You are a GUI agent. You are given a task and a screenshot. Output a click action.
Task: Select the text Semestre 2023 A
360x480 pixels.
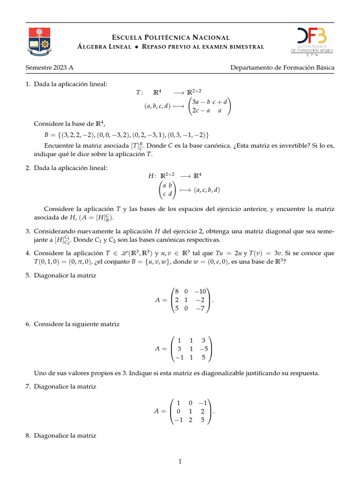tap(49, 67)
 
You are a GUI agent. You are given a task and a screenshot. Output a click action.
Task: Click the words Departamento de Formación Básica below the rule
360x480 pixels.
tap(282, 67)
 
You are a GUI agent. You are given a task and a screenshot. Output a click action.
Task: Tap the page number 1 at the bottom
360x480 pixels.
tap(180, 462)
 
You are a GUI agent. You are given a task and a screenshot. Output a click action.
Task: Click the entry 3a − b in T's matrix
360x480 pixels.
tap(200, 102)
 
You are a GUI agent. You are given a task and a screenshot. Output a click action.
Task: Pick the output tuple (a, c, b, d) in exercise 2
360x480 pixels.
tap(207, 190)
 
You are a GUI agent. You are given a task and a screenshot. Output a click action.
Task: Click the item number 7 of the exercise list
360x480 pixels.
tap(28, 387)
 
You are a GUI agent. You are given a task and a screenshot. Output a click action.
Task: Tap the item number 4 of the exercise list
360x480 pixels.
tap(28, 253)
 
